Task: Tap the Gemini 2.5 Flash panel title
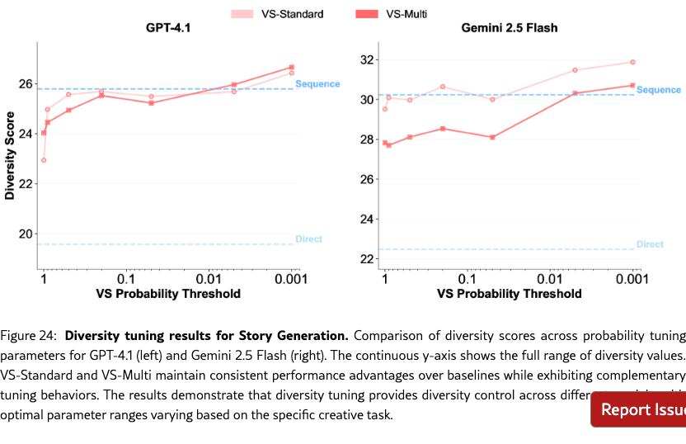coord(509,28)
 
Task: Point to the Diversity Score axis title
coord(10,157)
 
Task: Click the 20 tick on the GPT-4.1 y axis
coord(25,234)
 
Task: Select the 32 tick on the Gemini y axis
coord(367,60)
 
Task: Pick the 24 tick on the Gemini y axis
coord(367,219)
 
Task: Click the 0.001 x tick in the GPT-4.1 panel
coord(290,279)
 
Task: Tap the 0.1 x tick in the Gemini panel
coord(468,279)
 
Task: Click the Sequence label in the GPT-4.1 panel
coord(317,84)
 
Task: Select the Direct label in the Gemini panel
coord(650,244)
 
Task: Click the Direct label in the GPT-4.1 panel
coord(308,239)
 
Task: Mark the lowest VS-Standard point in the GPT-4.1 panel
coord(44,160)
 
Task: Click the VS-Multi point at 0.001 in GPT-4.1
coord(291,68)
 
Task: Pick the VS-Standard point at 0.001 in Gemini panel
coord(632,62)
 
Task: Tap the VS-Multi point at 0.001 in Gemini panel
coord(632,85)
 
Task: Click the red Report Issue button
coord(640,409)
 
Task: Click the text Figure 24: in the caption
coord(30,336)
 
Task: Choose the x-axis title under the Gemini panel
coord(509,294)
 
